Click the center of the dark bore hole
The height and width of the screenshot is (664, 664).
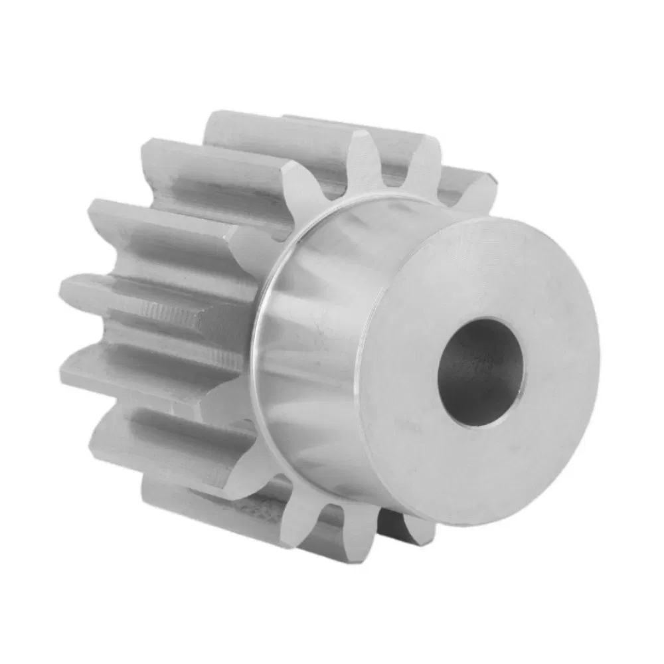tap(479, 372)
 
